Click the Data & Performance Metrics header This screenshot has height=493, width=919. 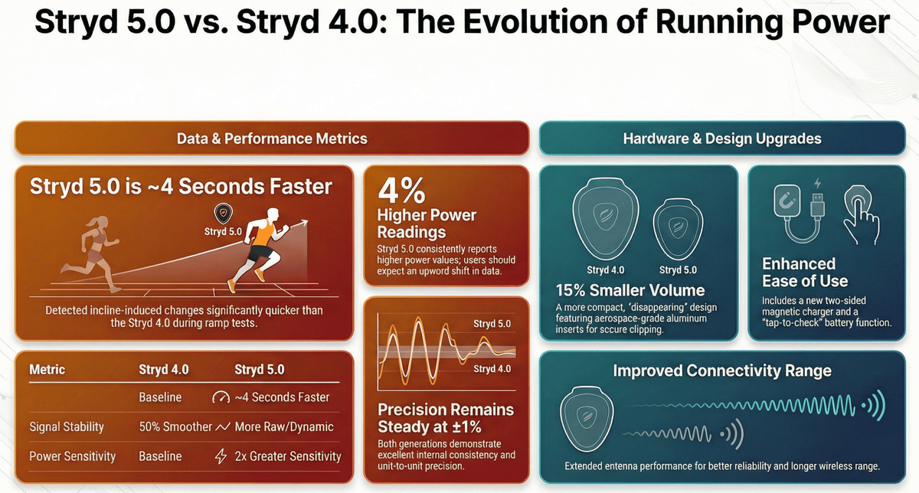[x=272, y=139]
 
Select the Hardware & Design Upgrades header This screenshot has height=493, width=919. [x=722, y=139]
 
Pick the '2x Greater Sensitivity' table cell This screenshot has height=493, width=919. [x=277, y=456]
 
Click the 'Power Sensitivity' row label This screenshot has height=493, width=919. [x=72, y=456]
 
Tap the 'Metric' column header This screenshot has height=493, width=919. [x=47, y=370]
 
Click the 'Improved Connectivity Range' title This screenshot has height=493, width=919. [x=722, y=371]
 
